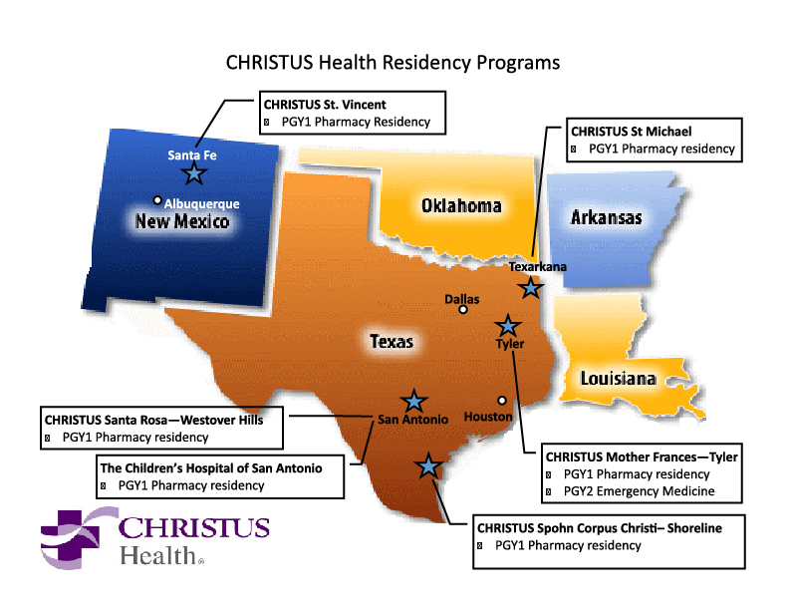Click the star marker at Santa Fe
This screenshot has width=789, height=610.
click(x=194, y=173)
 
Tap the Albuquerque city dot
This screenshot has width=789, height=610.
click(x=157, y=199)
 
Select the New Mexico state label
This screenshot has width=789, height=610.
click(x=182, y=220)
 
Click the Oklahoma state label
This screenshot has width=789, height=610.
click(x=461, y=205)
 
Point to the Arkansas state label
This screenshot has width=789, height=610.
click(x=606, y=217)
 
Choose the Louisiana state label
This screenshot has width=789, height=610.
click(x=618, y=379)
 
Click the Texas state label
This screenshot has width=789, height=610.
click(x=392, y=342)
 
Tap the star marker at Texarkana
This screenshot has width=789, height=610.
click(x=531, y=288)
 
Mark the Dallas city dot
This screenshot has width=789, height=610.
click(x=463, y=309)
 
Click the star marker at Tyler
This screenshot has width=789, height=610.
click(x=508, y=325)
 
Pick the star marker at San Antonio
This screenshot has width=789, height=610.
click(x=412, y=401)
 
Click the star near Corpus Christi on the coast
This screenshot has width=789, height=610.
click(x=428, y=465)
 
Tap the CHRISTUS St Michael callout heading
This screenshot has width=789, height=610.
click(x=630, y=131)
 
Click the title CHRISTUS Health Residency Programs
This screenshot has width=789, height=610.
click(x=394, y=62)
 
